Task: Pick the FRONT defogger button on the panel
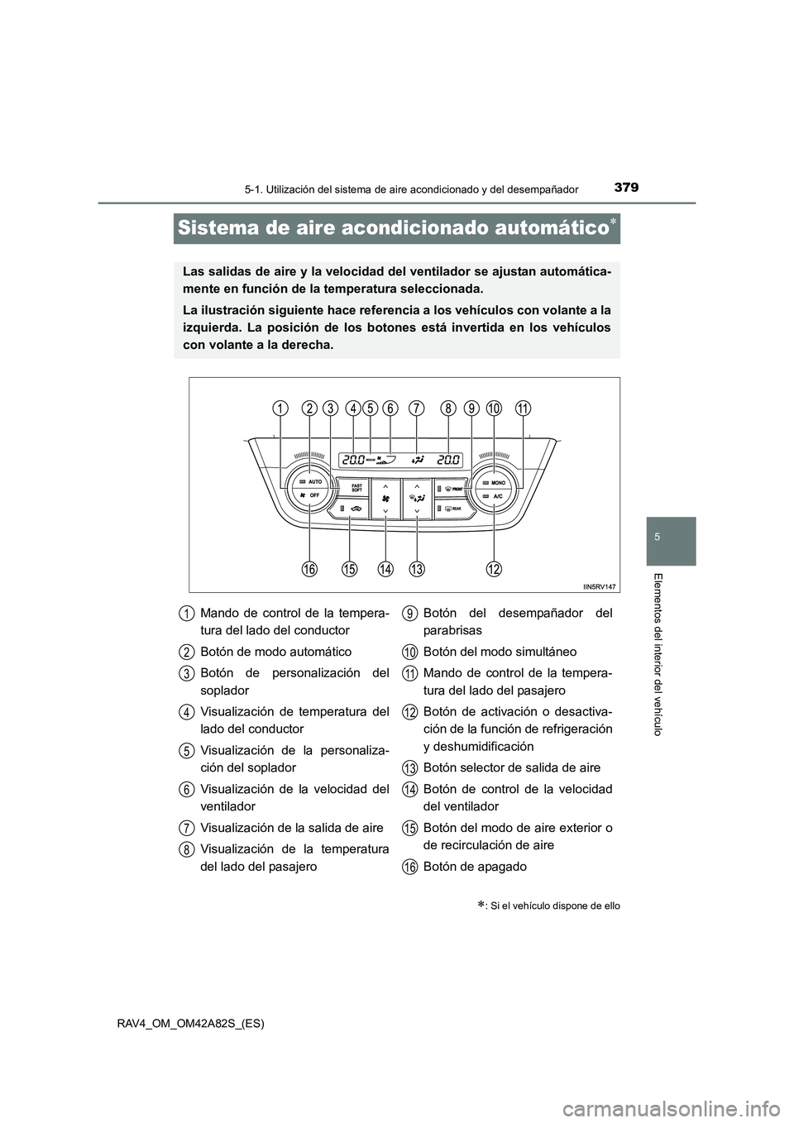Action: [x=452, y=490]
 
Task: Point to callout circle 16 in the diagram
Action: [x=310, y=569]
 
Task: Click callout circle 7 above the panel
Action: [x=416, y=408]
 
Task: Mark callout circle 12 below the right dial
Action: [x=495, y=569]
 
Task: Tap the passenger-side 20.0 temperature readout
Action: [x=449, y=460]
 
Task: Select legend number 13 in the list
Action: [x=409, y=768]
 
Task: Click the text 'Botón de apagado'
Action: [x=474, y=867]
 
